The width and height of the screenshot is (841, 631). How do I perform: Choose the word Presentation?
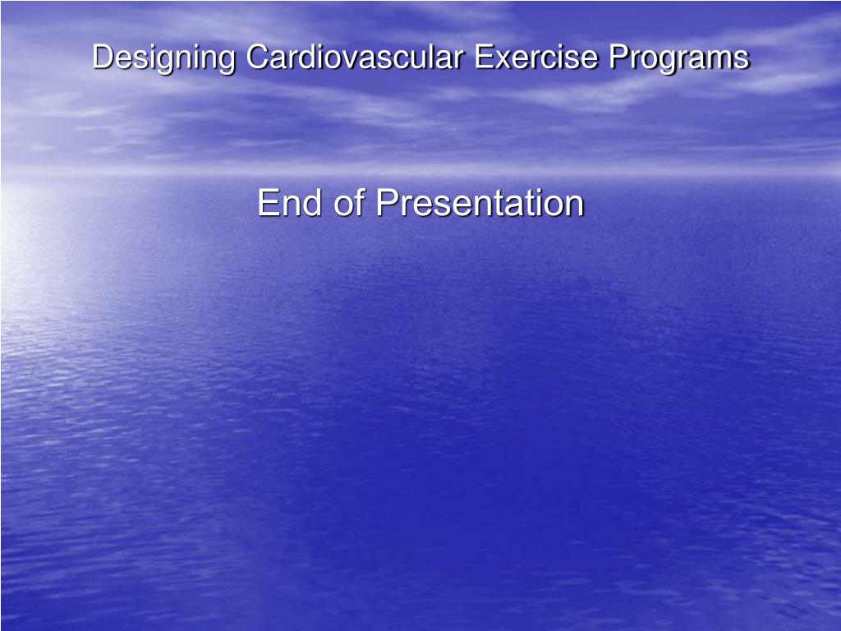(x=480, y=203)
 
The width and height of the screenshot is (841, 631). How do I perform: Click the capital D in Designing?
(x=102, y=58)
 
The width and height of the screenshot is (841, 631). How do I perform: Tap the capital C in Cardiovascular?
(x=257, y=58)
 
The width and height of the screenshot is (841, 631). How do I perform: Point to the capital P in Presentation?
(x=387, y=203)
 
